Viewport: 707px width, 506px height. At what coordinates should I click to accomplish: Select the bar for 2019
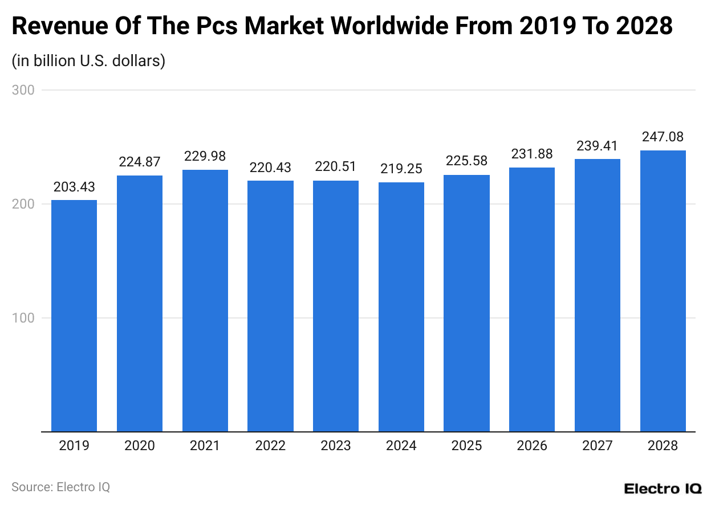click(x=74, y=316)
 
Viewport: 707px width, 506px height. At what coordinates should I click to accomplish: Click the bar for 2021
click(x=205, y=301)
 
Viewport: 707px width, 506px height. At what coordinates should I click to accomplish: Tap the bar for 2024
click(x=401, y=307)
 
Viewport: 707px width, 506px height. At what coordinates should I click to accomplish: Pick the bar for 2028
click(x=663, y=291)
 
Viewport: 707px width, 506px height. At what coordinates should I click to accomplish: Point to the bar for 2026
click(x=532, y=300)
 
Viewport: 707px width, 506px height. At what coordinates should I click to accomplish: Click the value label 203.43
click(x=74, y=187)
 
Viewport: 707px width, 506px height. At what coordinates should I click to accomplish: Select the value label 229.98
click(x=205, y=156)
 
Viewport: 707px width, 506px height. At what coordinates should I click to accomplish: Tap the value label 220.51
click(x=336, y=167)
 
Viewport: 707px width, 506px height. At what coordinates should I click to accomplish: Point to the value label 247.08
click(x=663, y=137)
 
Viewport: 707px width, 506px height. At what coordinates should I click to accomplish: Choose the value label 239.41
click(x=597, y=146)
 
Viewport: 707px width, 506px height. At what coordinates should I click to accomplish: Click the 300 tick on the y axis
click(x=23, y=90)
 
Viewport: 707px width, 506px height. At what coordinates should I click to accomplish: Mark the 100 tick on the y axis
click(x=23, y=318)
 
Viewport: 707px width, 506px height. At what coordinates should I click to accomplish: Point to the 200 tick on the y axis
click(x=23, y=204)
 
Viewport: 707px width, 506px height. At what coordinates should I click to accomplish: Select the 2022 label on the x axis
click(x=270, y=446)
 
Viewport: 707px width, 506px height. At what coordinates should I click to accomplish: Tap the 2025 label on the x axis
click(x=466, y=446)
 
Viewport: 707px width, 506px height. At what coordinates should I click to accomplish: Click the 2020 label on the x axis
click(x=140, y=446)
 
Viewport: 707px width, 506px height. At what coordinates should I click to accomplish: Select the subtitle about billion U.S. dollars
click(x=88, y=61)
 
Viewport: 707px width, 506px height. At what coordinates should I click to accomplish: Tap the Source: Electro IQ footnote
click(x=60, y=487)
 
